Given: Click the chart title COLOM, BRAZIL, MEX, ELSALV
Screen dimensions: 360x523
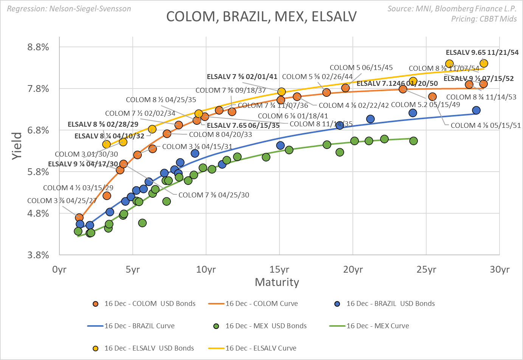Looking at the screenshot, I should [x=261, y=17].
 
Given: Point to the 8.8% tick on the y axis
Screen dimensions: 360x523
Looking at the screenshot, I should [x=38, y=47].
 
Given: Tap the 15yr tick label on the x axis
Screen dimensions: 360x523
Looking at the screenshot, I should [x=279, y=270].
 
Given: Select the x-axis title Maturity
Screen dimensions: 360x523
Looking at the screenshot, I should [x=277, y=282].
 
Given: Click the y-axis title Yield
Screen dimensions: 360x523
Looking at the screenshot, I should [x=17, y=146].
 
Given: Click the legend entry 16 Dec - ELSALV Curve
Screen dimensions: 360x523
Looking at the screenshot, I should [x=261, y=348].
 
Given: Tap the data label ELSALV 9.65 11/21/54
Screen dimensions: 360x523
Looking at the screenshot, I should [x=482, y=53].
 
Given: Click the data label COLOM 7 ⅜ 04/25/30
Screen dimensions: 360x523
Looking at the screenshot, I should [x=214, y=195].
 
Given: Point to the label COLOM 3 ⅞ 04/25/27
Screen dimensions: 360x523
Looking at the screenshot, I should [x=62, y=201].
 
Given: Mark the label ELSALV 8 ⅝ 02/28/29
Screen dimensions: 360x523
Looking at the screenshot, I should [x=103, y=124].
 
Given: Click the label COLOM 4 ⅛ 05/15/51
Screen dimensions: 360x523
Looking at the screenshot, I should [x=486, y=126].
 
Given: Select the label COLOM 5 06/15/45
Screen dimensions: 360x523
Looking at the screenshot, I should [x=361, y=68].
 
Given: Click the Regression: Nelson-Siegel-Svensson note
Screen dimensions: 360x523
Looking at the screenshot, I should [x=69, y=8].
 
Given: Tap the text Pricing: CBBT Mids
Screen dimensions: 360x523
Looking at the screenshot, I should [x=484, y=19].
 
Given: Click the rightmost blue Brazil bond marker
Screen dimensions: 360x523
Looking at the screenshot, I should [x=476, y=110].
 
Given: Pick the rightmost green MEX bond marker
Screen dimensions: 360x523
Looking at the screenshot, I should [x=413, y=141].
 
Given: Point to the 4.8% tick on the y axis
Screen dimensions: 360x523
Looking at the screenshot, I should [x=38, y=214].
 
